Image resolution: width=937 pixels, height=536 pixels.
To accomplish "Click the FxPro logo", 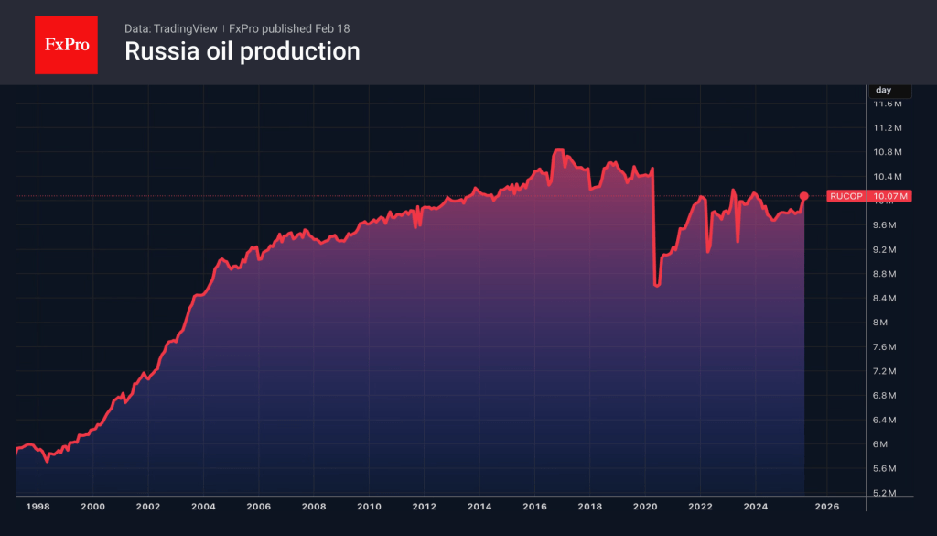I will coord(66,43).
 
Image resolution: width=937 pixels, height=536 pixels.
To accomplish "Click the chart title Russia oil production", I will coord(242,51).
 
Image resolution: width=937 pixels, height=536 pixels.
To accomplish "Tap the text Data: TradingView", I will coord(171,28).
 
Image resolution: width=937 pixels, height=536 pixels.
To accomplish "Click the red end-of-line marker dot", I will coord(803,196).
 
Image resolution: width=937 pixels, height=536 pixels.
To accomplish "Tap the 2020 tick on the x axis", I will coord(645,506).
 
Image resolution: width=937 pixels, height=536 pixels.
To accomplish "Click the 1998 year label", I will coord(38,506).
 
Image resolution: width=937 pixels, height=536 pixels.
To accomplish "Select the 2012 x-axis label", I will coord(424,506).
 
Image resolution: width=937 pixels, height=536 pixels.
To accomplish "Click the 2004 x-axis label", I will coord(203,506).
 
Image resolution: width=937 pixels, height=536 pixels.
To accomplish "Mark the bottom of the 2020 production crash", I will coord(656,285).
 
